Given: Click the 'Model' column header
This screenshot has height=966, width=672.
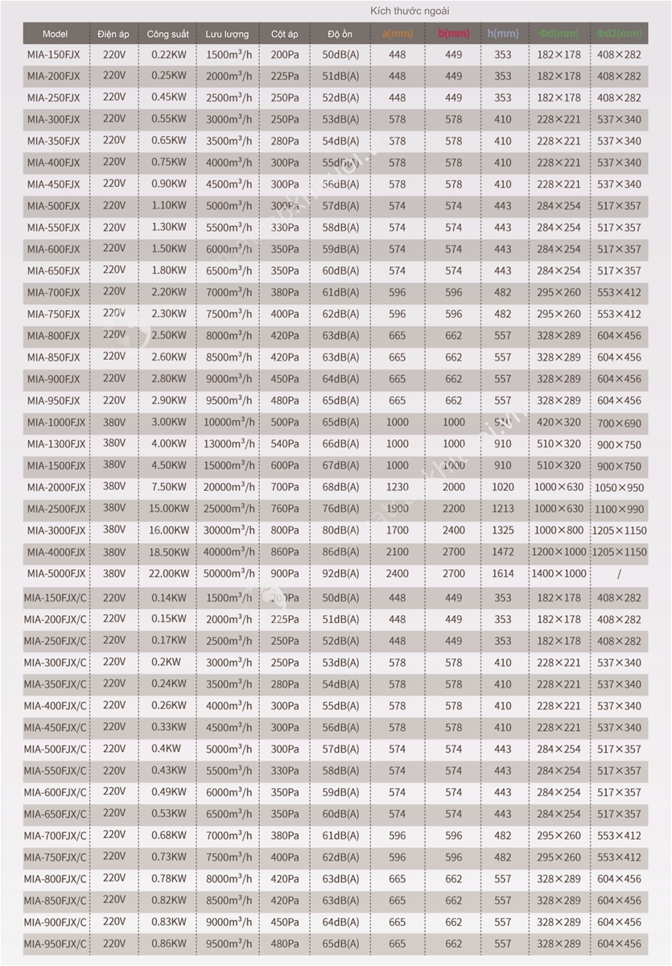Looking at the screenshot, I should coord(55,34).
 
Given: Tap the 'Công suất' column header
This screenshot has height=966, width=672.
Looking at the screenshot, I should coord(167,34).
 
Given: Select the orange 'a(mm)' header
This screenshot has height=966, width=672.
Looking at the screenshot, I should coord(398,34).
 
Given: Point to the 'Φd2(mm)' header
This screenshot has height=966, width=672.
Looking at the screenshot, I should coord(620,34).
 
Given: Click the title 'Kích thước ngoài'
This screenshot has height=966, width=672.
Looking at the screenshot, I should coord(410,10).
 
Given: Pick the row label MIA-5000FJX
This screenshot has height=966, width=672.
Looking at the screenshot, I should coord(56,574).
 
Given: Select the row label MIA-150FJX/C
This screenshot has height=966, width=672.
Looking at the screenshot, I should coord(56,598).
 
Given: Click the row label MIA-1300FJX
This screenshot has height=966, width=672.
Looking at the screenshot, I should coord(56,444).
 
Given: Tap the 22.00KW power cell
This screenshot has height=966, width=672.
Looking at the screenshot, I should coord(167,574).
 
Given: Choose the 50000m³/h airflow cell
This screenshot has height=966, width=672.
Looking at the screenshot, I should coord(228,574).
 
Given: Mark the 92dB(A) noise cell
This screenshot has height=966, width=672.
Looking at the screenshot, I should coord(340,574).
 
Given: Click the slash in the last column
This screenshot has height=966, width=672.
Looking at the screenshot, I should coord(619,574).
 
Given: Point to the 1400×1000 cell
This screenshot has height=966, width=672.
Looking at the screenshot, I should coord(559,574).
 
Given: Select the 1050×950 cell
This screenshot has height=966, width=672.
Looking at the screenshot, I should coord(619,488).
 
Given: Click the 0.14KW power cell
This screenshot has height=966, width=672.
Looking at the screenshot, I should coord(167,598).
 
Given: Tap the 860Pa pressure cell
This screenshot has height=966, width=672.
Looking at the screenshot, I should coord(284,552).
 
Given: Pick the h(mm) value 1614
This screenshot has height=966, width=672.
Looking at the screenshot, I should coord(503,574).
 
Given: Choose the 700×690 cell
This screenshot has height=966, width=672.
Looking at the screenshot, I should coord(619,423).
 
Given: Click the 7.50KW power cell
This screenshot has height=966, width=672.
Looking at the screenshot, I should coord(167,487).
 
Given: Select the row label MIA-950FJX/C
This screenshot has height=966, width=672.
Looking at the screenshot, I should coord(56,943).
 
